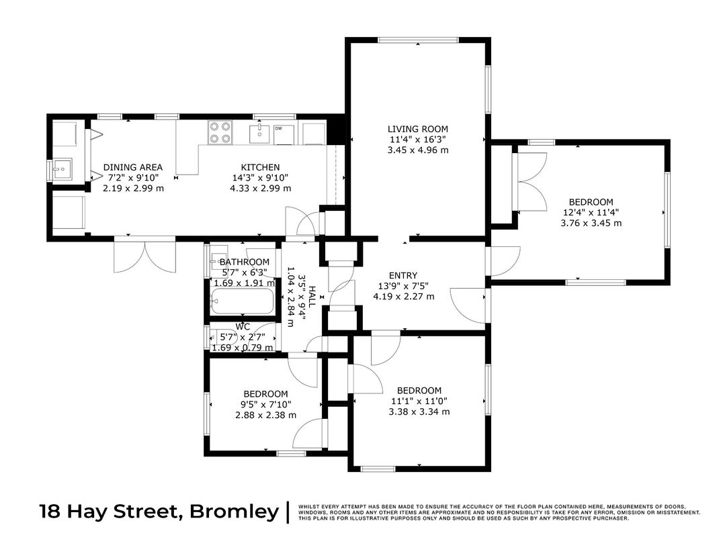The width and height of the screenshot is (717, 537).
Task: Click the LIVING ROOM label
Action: click(x=417, y=130)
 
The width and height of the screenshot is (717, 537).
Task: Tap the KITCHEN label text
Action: click(x=260, y=168)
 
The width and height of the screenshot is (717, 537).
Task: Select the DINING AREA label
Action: click(x=132, y=168)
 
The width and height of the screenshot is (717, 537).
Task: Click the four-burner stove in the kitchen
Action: click(x=220, y=132)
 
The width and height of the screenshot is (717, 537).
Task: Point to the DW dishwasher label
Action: click(x=278, y=129)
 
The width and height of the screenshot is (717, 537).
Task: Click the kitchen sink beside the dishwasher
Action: click(x=259, y=133)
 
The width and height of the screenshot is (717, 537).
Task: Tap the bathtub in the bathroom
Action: click(x=242, y=301)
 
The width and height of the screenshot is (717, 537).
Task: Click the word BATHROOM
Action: click(x=245, y=262)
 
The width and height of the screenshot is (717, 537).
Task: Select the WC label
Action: click(x=243, y=327)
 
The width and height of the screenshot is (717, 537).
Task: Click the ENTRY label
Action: click(x=403, y=275)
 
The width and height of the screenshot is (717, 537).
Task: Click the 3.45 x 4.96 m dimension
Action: click(x=417, y=150)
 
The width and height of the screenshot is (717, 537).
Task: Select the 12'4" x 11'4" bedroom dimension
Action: click(x=591, y=212)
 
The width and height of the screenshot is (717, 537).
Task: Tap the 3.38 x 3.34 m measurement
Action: click(x=419, y=412)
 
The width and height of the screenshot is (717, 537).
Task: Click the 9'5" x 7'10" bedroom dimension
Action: click(x=265, y=405)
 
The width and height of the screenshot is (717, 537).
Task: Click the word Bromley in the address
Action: click(x=234, y=511)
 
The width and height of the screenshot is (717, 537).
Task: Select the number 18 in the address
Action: click(x=50, y=511)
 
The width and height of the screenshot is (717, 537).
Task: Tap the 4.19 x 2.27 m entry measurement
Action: click(x=403, y=297)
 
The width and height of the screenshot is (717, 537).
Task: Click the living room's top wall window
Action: click(x=418, y=40)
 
